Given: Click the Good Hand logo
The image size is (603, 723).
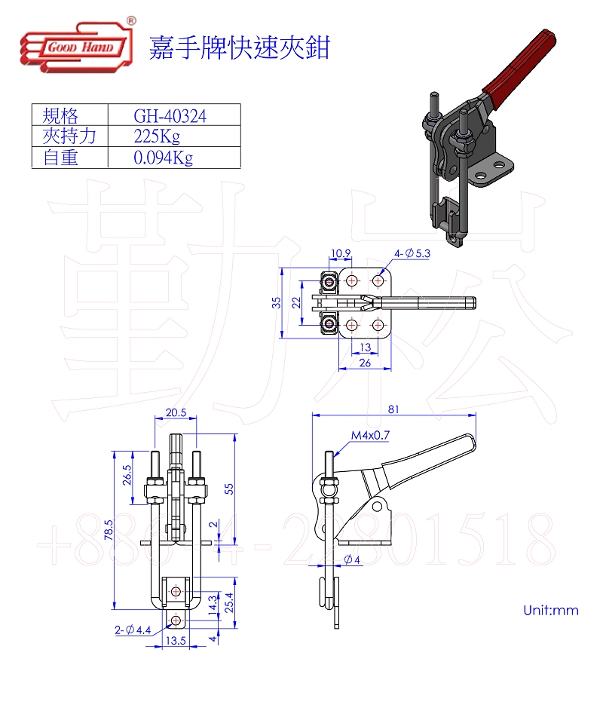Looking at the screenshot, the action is point(78,45).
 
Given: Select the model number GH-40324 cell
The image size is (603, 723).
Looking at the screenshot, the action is point(170,116).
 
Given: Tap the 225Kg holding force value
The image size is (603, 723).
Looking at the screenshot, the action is point(157,136).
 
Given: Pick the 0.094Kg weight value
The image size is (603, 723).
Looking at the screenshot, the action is point(164,158).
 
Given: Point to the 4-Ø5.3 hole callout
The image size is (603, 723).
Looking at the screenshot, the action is point(412,253).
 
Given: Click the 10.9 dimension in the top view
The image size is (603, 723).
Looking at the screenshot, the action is point(341,253).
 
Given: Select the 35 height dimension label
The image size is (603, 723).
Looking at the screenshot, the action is point(276,302).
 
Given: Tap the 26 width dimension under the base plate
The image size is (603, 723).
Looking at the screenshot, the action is point(365,363).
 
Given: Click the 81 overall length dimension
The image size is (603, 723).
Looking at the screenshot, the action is point(393,409).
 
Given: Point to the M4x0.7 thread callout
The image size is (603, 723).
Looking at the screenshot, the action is point(370,435).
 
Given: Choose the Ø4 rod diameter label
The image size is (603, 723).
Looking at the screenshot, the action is point(352,559).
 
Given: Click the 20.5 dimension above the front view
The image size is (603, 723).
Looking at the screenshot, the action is point(176,412).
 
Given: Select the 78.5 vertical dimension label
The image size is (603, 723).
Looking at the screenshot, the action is point(109,530).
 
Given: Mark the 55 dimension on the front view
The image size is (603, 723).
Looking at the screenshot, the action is point(229,489).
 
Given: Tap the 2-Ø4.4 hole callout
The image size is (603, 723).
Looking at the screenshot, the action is point(133,630).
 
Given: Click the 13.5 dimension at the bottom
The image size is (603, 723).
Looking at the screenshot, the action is point(176,641).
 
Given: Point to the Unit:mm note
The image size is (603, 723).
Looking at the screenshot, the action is point(551,610).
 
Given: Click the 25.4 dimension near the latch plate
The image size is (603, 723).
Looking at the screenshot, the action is point(228,602).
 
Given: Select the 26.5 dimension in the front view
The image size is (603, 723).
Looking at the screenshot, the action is point(127,474).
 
